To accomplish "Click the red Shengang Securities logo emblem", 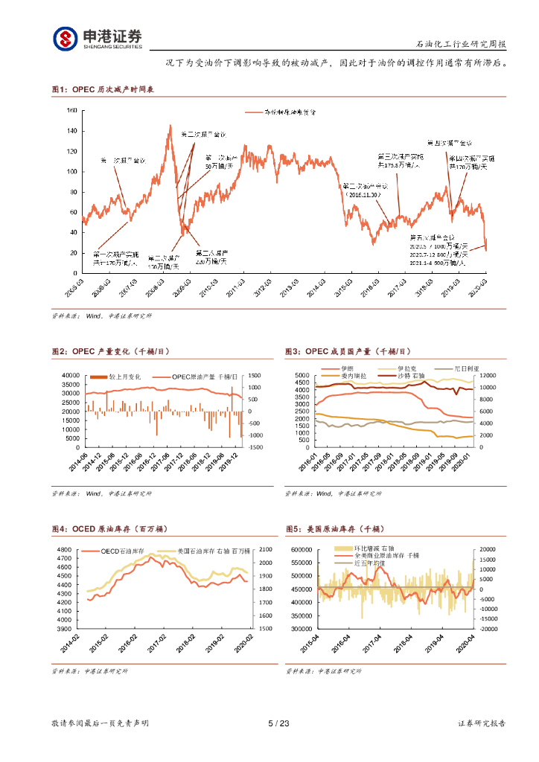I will [x=64, y=38].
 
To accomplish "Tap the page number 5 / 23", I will [x=277, y=723].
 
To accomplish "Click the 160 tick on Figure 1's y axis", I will [x=71, y=110].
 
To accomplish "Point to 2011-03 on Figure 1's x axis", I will [x=237, y=287].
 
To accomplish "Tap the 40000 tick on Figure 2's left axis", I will [x=70, y=375].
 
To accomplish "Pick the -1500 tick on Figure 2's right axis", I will [x=255, y=447].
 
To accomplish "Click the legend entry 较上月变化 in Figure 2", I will [x=124, y=377].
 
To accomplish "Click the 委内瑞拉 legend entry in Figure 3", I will [x=355, y=377].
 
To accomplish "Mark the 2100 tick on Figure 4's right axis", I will [x=265, y=549].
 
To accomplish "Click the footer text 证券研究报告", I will [x=482, y=723].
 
